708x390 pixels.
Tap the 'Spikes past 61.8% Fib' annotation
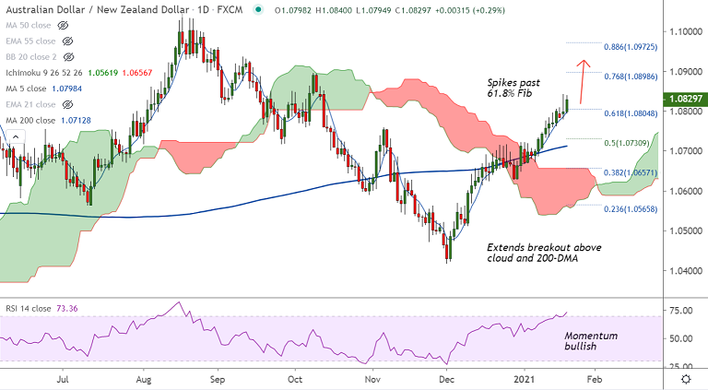click(521, 89)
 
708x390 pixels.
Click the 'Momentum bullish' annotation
click(591, 342)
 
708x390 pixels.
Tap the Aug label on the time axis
click(144, 378)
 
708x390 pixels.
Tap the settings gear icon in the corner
click(687, 378)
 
